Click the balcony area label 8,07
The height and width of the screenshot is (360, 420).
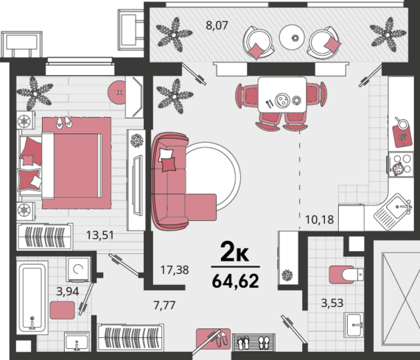click(217, 26)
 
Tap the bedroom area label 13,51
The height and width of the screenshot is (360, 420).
click(100, 236)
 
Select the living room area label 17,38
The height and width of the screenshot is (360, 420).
click(175, 270)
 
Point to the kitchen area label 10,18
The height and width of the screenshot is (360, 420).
click(320, 219)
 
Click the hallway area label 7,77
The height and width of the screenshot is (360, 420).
click(164, 305)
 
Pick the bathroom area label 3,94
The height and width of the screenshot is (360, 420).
click(68, 292)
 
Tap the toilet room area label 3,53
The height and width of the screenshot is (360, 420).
click(332, 303)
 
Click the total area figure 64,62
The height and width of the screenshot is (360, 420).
click(236, 280)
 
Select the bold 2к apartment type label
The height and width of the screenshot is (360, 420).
click(234, 251)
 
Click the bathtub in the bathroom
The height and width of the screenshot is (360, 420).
click(32, 297)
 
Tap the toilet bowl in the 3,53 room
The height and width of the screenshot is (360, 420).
click(346, 275)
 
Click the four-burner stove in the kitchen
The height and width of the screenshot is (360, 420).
click(401, 164)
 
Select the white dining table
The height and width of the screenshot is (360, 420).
click(282, 94)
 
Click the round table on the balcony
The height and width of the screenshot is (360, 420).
click(292, 38)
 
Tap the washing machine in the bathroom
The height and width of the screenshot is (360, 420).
click(78, 269)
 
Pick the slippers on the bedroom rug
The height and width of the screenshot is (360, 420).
click(64, 122)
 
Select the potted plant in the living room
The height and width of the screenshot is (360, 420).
click(175, 96)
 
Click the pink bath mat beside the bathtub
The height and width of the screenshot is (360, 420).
click(63, 310)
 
